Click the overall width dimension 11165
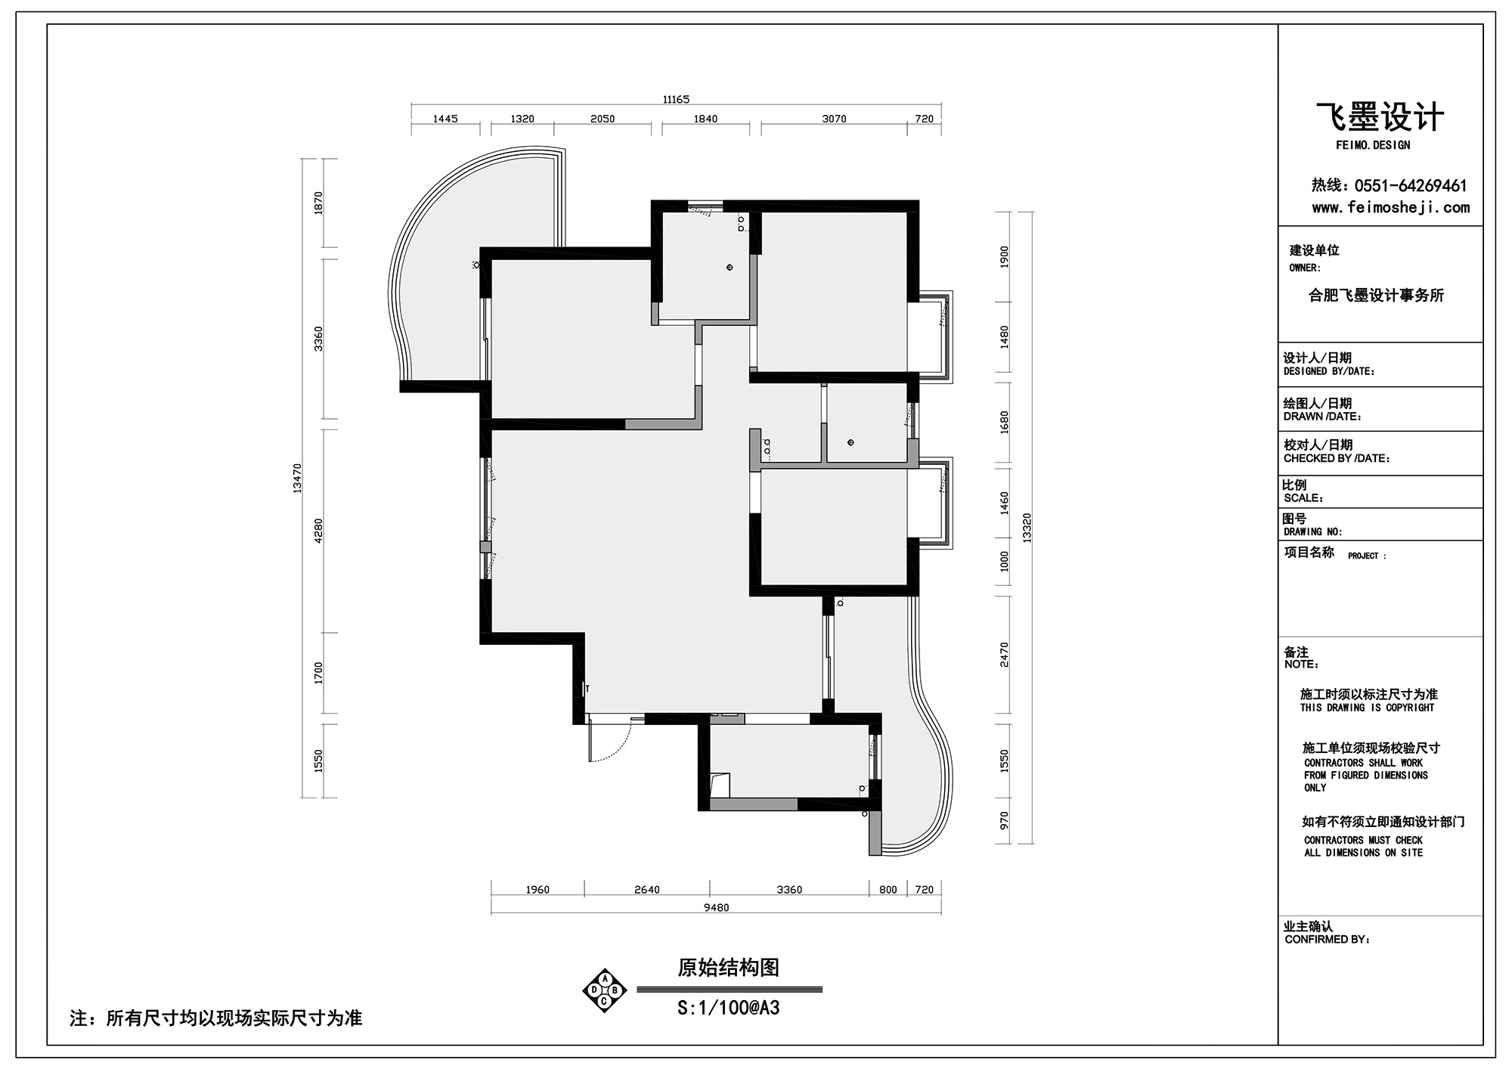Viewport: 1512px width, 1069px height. [676, 99]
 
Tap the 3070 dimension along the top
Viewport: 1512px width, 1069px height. [834, 119]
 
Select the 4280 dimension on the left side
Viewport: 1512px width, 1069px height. [318, 530]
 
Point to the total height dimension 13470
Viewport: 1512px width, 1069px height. [297, 478]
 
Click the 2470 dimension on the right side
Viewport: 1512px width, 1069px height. [1004, 654]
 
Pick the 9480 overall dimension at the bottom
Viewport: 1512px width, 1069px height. [716, 907]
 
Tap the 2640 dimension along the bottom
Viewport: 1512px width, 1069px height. [646, 890]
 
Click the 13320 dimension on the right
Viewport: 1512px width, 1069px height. [1026, 527]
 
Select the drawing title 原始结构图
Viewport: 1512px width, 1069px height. [728, 968]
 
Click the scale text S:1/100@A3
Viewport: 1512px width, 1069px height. [728, 1008]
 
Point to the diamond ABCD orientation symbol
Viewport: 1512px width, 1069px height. [604, 990]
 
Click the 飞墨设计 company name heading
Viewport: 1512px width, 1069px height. [1380, 118]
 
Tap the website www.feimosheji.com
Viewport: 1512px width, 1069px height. [1390, 207]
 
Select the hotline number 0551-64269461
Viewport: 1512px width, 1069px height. [1411, 185]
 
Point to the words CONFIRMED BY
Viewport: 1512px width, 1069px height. [1327, 940]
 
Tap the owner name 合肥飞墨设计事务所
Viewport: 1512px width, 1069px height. [1376, 296]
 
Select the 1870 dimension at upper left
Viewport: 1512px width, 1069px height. [318, 202]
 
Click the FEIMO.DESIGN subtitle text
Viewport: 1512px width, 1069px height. [1373, 145]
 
